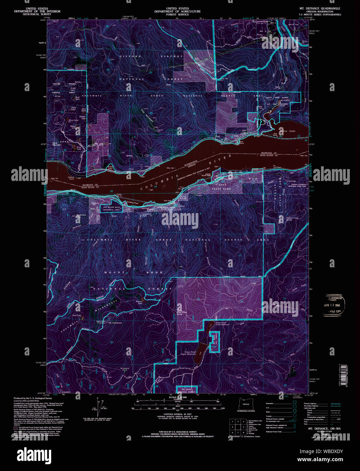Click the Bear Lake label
(x=77, y=315)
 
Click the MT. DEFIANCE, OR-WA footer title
(x=319, y=428)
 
